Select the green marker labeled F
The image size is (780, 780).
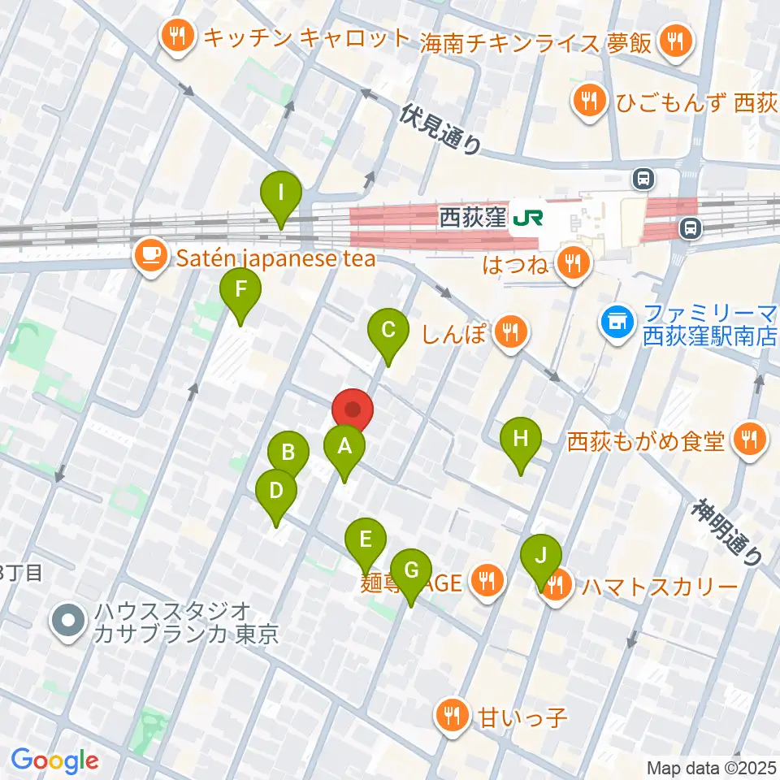[240, 290]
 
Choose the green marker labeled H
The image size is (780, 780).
[521, 440]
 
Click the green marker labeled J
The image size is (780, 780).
[541, 557]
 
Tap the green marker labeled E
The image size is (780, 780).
[366, 539]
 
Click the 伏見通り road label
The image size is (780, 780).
[441, 128]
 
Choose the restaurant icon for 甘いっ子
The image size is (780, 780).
[450, 716]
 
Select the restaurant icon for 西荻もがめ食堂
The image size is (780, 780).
[745, 440]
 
